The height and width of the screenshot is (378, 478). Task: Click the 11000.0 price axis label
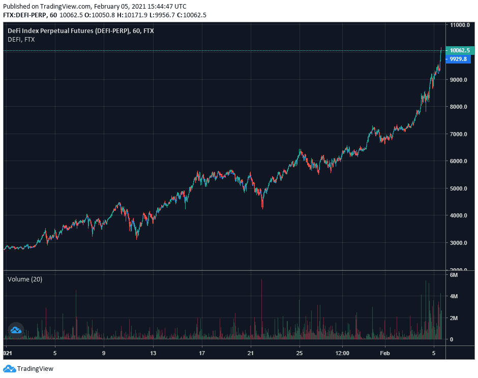459,25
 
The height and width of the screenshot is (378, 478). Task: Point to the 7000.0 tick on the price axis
459,134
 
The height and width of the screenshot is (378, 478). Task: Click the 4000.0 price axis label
459,215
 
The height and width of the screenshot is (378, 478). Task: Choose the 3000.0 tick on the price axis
459,243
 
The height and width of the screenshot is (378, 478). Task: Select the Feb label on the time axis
385,353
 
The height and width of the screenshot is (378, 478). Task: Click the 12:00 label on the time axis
343,353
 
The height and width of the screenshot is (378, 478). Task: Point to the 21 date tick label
250,353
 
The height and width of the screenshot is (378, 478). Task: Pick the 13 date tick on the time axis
153,353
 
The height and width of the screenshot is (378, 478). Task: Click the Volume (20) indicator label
24,279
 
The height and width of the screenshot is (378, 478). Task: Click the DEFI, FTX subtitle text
21,39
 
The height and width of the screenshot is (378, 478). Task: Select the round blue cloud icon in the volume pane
15,331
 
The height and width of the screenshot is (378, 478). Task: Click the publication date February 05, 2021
121,7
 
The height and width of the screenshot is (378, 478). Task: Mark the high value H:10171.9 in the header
134,15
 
